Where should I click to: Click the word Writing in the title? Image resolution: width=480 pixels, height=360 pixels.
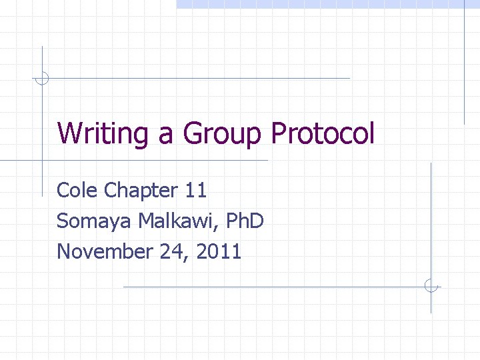pyautogui.click(x=103, y=134)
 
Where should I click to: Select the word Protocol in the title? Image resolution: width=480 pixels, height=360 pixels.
pyautogui.click(x=323, y=134)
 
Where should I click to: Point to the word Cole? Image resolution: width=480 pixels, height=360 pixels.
pyautogui.click(x=77, y=191)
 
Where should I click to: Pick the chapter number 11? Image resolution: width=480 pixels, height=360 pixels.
pyautogui.click(x=195, y=191)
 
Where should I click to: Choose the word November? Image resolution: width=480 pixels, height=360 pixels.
pyautogui.click(x=104, y=252)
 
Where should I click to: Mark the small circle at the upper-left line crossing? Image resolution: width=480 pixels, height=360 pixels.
pyautogui.click(x=42, y=79)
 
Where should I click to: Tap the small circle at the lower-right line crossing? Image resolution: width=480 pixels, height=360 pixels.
pyautogui.click(x=431, y=287)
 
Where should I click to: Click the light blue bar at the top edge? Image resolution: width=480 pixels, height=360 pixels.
pyautogui.click(x=327, y=4)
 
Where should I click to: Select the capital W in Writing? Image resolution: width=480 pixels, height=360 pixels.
pyautogui.click(x=69, y=133)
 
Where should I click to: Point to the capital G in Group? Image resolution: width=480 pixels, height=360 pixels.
pyautogui.click(x=193, y=133)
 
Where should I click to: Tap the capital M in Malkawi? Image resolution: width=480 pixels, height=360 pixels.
pyautogui.click(x=147, y=221)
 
